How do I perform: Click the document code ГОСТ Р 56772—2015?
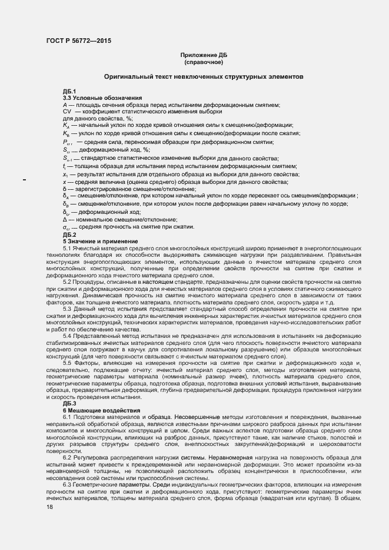coord(78,41)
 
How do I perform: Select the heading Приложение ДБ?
coord(203,55)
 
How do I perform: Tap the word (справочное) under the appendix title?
coord(203,62)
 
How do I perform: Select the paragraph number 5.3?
coord(67,308)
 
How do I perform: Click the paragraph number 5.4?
coord(67,335)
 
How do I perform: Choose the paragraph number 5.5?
coord(67,363)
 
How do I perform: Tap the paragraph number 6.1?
coord(67,417)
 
